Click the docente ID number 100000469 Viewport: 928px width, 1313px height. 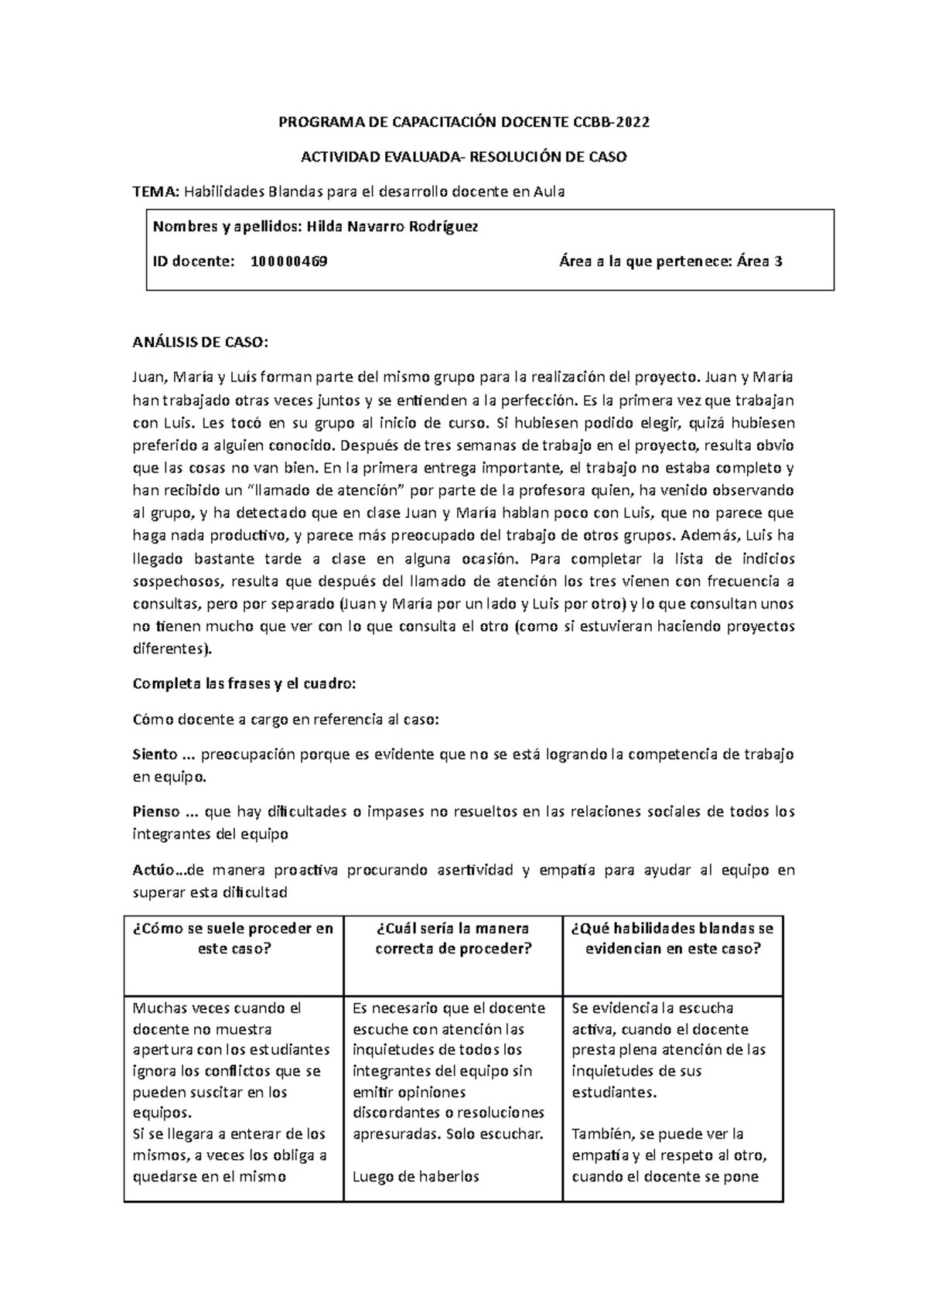288,261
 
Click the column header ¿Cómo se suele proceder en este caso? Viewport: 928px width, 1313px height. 234,939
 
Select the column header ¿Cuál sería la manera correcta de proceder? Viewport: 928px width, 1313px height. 453,939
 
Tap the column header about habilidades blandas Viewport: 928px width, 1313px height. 672,939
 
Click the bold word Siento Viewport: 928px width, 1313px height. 155,754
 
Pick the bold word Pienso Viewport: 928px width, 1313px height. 156,812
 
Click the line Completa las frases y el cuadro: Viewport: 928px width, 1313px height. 244,684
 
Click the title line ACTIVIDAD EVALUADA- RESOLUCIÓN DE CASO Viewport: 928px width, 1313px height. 463,157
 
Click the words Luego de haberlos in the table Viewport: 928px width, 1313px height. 415,1177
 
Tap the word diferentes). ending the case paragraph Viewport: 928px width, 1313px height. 171,650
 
